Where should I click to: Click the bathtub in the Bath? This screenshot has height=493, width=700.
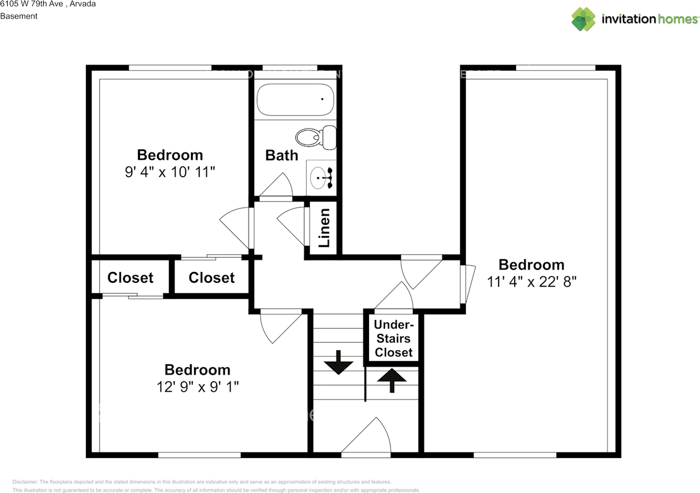pos(295,99)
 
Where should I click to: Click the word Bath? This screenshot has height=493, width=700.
pos(282,155)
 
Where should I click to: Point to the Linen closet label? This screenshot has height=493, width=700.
pos(324,228)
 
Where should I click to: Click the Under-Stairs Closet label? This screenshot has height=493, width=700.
pos(393,338)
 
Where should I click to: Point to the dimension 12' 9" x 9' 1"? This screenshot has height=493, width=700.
pos(197,387)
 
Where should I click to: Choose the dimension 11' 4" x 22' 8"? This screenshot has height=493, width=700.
pos(532,282)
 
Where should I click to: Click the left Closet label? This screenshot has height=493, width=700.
pos(130,278)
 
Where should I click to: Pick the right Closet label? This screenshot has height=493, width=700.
pos(212,278)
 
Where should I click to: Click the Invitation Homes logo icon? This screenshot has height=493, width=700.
pos(583,19)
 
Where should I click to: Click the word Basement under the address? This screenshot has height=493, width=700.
pos(19,16)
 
